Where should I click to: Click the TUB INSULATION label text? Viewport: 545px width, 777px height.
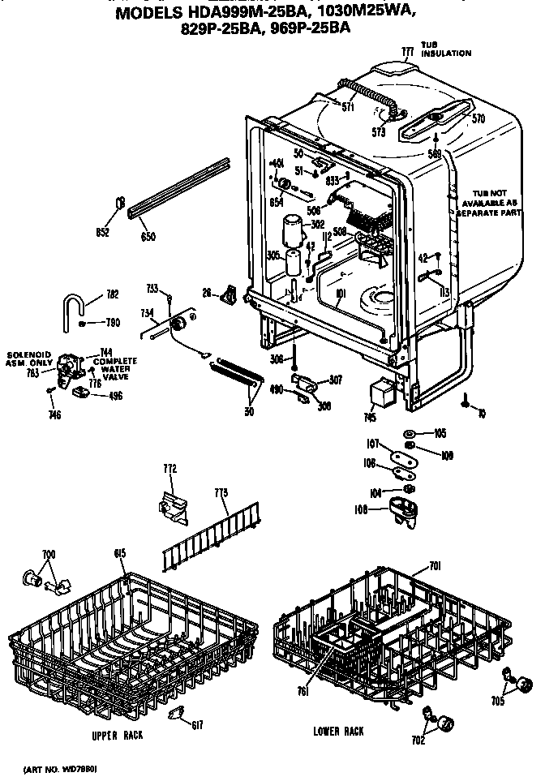tap(445, 49)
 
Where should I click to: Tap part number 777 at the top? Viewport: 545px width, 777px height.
tap(408, 51)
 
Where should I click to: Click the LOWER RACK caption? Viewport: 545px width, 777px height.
tap(338, 731)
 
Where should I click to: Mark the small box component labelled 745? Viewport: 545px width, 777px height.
tap(380, 395)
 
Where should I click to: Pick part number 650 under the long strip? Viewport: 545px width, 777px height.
tap(148, 237)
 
